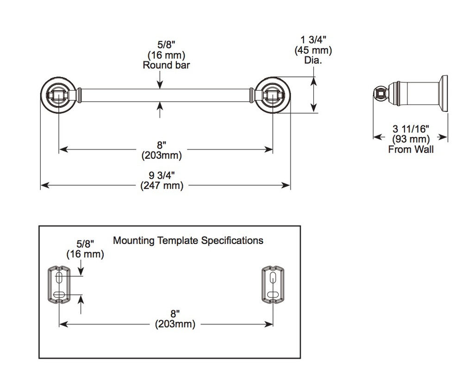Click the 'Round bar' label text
tap(166, 65)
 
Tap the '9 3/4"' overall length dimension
tap(162, 175)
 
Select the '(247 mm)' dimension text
tap(162, 185)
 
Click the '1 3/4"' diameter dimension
tap(313, 40)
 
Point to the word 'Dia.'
tap(313, 60)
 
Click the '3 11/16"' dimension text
tap(411, 129)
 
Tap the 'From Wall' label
tap(411, 149)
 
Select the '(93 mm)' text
tap(411, 139)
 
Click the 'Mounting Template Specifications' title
tap(188, 241)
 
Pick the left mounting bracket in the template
tap(59, 284)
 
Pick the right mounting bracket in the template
tap(273, 284)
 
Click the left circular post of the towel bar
tap(59, 95)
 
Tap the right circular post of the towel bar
tap(272, 95)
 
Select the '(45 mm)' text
tap(313, 50)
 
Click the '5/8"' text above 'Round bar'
tap(166, 45)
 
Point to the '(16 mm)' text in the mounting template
tap(85, 254)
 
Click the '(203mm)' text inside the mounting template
tap(175, 324)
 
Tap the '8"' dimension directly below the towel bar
tap(162, 145)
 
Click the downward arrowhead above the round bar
tap(160, 85)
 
